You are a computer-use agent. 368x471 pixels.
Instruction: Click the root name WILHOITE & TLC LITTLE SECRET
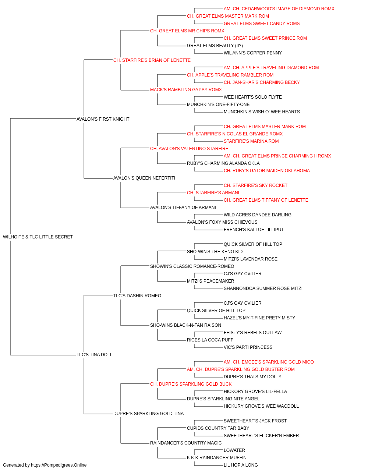(x=38, y=237)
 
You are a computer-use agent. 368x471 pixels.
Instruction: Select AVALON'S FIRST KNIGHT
(x=103, y=119)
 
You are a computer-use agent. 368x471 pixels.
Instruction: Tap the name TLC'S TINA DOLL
(x=94, y=355)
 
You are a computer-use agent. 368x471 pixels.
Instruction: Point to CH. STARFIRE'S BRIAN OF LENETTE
(x=152, y=60)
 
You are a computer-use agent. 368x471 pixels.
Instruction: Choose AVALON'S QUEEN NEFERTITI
(x=144, y=178)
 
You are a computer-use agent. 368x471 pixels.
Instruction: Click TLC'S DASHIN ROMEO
(x=137, y=295)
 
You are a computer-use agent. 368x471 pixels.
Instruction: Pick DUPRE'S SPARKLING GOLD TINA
(x=148, y=414)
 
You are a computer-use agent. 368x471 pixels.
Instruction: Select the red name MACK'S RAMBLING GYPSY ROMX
(x=186, y=90)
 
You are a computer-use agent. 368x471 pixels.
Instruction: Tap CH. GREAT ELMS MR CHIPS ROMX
(x=187, y=31)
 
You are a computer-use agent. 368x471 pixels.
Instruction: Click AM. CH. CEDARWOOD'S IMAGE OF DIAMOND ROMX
(x=279, y=9)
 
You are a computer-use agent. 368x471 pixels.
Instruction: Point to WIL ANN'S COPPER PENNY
(x=253, y=53)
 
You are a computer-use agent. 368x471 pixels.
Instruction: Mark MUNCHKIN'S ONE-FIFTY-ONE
(x=218, y=105)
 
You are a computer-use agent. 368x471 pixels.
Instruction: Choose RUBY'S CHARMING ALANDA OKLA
(x=223, y=163)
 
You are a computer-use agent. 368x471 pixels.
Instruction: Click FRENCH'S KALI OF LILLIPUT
(x=254, y=230)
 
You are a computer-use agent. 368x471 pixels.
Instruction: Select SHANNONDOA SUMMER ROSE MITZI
(x=263, y=288)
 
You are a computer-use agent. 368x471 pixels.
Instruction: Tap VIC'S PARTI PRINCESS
(x=248, y=347)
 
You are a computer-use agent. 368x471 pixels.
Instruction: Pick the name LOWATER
(x=234, y=450)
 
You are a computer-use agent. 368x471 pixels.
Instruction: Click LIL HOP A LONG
(x=241, y=465)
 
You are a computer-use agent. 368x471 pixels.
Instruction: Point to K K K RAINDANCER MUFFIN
(x=217, y=457)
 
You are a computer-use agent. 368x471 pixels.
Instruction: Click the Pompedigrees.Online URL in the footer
(x=59, y=465)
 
